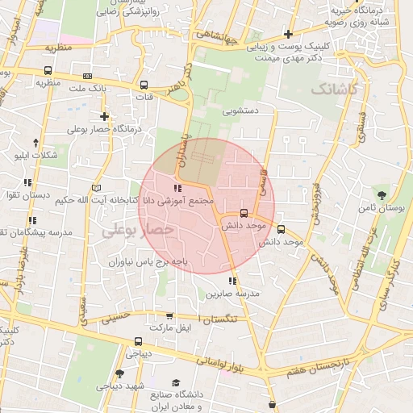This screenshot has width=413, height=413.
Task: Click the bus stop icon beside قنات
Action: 144,85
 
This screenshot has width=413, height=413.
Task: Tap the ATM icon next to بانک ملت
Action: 87,76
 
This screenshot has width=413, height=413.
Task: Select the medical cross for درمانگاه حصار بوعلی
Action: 104,117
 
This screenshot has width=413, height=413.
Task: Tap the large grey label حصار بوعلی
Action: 137,230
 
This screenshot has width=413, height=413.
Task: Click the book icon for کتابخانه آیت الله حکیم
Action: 98,187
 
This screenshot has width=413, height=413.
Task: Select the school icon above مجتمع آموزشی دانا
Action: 178,188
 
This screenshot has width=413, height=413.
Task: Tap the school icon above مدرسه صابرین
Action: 232,282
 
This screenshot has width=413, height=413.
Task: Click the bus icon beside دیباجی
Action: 139,342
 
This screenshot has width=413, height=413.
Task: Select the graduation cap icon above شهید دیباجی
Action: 119,373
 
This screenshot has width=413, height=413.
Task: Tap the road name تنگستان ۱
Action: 217,321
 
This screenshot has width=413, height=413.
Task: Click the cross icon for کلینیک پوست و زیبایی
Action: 288,33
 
